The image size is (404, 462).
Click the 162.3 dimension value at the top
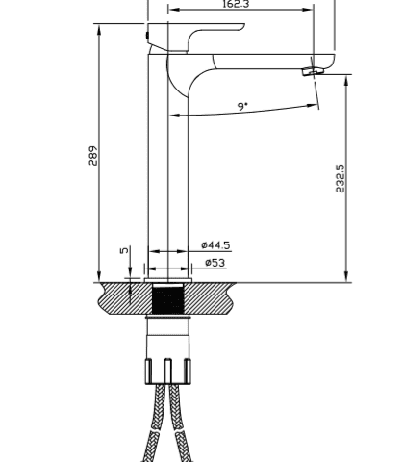point(237,5)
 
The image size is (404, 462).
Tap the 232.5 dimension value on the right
point(340,178)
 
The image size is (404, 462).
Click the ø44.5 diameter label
point(215,245)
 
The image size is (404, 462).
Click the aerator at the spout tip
point(310,71)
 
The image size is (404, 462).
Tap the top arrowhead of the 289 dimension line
point(99,29)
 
